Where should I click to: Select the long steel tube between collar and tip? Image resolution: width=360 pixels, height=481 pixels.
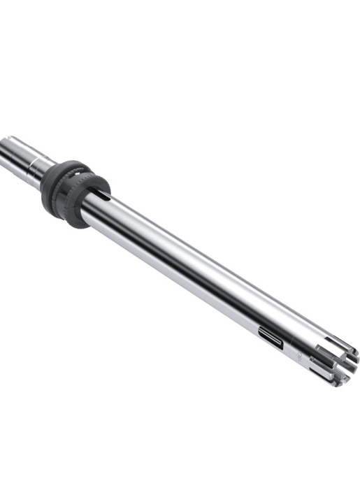196,273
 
